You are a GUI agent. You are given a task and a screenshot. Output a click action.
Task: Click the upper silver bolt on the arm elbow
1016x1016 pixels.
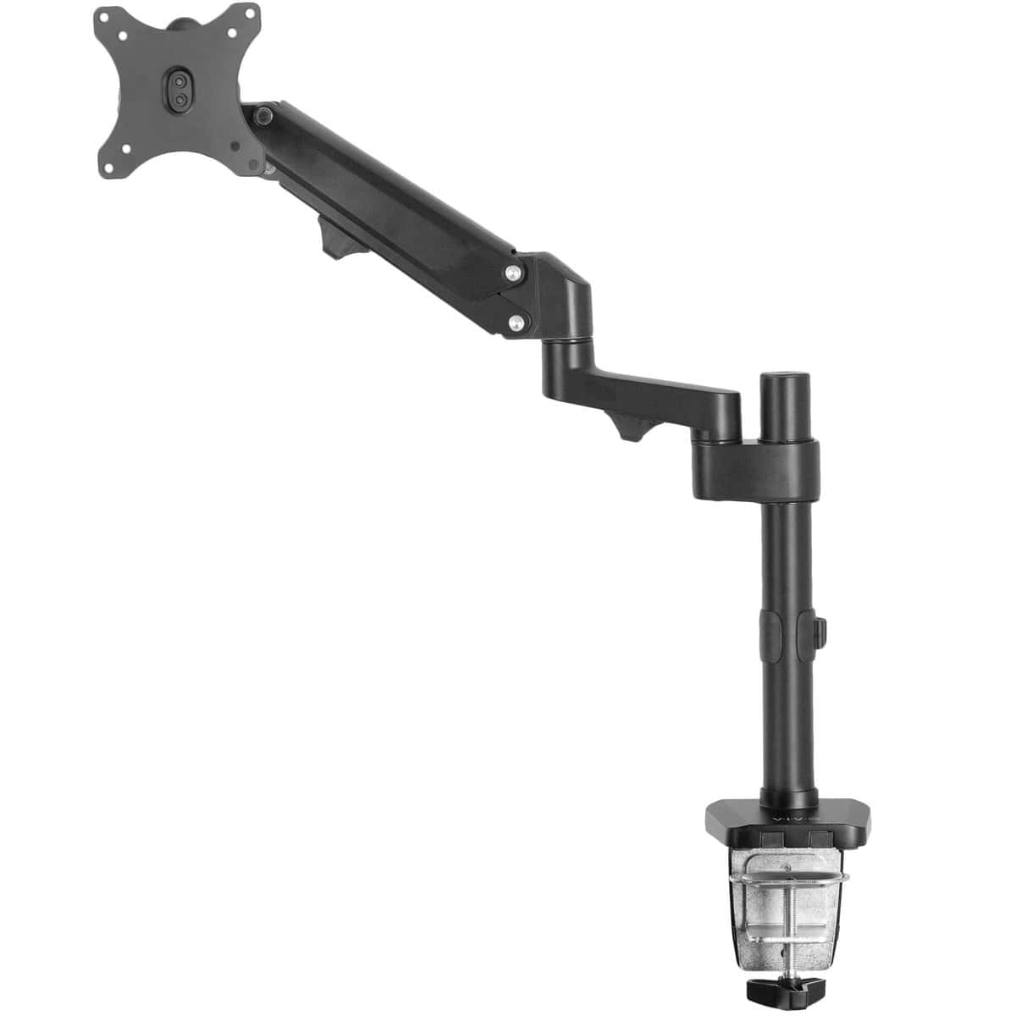(513, 273)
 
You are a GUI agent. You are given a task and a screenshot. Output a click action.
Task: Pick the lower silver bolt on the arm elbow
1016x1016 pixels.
(514, 322)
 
